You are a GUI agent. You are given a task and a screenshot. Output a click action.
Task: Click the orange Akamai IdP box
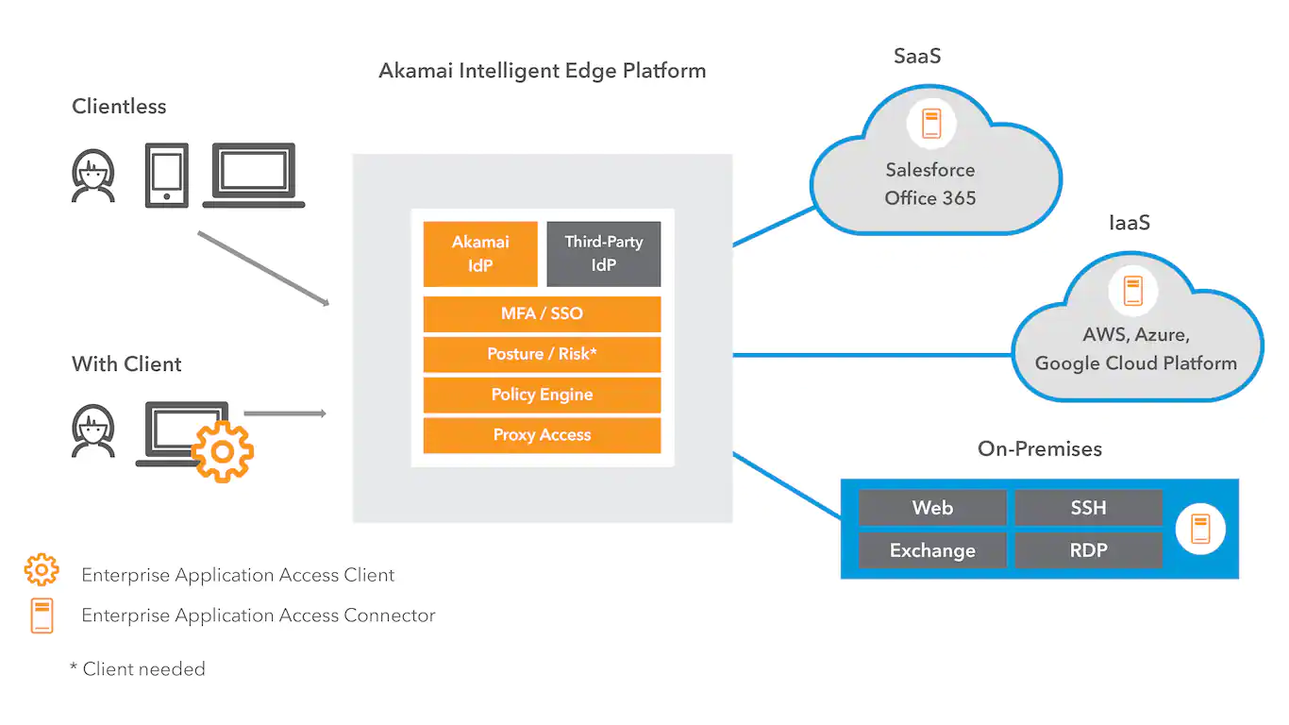click(480, 254)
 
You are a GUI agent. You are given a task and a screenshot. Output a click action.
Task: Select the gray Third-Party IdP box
click(604, 254)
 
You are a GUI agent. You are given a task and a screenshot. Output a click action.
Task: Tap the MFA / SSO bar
click(542, 314)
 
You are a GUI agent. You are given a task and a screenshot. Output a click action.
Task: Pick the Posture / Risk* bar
click(542, 355)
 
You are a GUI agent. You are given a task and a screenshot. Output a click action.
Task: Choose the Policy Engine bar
click(542, 396)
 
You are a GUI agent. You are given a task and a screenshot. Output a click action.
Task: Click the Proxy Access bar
click(542, 435)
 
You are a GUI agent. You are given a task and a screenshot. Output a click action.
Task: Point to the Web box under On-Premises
click(932, 508)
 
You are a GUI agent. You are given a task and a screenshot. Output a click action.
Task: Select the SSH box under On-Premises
click(1088, 508)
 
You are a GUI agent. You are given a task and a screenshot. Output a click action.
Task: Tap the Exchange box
click(932, 550)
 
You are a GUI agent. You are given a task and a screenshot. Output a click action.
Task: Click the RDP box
click(1088, 550)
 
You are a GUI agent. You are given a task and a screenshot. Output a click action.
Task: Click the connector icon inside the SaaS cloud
click(931, 124)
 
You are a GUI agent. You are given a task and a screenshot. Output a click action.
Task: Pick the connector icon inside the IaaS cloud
click(1133, 290)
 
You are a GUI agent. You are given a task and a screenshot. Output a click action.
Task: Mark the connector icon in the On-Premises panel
click(1200, 529)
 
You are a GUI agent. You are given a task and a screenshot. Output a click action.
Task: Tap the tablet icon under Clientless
click(166, 175)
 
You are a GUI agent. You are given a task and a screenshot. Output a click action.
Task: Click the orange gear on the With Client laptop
click(223, 452)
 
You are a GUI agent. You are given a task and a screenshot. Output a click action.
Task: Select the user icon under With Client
click(93, 431)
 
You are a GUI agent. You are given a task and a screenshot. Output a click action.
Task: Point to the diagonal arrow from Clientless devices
click(262, 268)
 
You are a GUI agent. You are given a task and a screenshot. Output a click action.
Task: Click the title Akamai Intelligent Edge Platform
click(542, 71)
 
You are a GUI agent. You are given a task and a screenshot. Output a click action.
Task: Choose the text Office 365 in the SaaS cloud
click(930, 198)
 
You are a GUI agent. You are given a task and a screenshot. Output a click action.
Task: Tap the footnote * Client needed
click(138, 669)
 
